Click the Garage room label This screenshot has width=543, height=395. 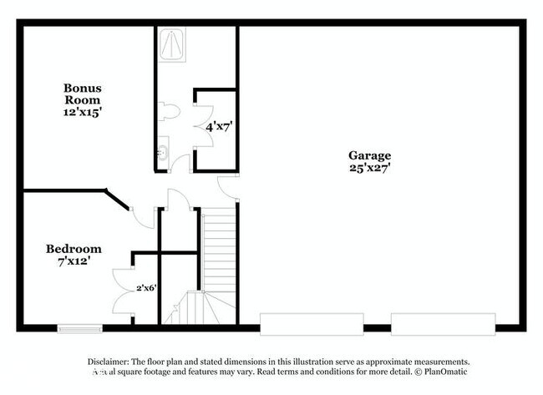[x=369, y=156]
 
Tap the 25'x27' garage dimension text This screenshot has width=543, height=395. [x=370, y=168]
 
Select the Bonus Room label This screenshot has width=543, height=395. [x=83, y=94]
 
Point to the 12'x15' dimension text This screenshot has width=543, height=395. [x=83, y=112]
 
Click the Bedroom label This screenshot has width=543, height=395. [x=74, y=249]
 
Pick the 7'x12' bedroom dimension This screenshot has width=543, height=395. [x=74, y=261]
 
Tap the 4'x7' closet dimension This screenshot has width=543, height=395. [x=219, y=127]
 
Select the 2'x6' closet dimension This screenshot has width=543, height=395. [x=146, y=287]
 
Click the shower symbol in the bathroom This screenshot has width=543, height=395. [x=172, y=44]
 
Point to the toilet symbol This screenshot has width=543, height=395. [x=170, y=111]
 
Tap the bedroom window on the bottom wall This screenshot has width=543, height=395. [x=80, y=328]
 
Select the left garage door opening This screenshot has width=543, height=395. [x=312, y=324]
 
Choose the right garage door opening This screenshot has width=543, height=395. [x=444, y=324]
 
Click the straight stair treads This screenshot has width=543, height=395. [x=219, y=250]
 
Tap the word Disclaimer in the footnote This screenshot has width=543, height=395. [x=109, y=362]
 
